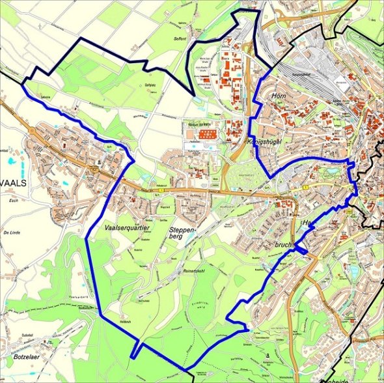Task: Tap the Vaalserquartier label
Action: point(127,229)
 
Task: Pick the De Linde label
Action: point(13,232)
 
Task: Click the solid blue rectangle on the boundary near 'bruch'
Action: point(300,248)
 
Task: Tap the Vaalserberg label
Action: point(79,297)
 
